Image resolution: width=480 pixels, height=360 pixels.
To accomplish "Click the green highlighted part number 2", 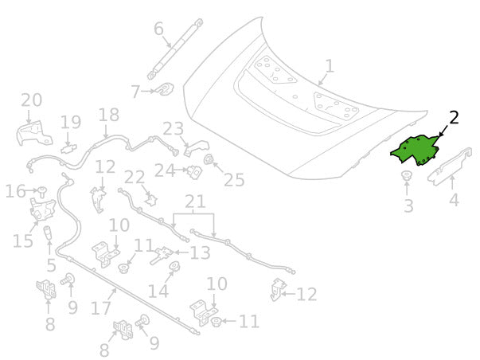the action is [415, 150].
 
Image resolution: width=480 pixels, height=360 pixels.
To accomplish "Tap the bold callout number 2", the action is [454, 118].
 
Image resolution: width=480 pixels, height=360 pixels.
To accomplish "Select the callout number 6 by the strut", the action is [158, 29].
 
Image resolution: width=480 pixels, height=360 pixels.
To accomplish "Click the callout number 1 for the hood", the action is [329, 66].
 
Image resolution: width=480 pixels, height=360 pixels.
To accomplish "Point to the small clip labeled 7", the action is [166, 88].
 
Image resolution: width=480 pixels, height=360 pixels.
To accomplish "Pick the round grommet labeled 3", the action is [407, 175].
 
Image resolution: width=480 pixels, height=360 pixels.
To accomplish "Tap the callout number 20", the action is [32, 100].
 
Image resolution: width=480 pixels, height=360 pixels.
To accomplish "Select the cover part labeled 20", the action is [34, 133].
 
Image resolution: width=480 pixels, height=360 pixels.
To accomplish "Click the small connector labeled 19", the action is [68, 149].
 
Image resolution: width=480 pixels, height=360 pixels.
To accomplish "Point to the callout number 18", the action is [109, 115].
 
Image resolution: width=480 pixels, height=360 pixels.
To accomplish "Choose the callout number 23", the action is [174, 129].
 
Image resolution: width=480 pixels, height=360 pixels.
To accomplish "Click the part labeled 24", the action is [195, 171].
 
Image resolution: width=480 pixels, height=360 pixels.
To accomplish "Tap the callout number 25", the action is [234, 180].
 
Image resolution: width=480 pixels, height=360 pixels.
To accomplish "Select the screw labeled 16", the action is [42, 191].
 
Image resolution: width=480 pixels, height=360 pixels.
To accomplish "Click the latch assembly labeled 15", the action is [42, 209].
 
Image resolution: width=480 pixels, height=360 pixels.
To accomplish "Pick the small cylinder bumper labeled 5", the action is [48, 234].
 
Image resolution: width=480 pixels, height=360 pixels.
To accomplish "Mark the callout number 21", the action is [195, 202].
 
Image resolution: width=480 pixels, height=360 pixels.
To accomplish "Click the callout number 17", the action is [101, 308].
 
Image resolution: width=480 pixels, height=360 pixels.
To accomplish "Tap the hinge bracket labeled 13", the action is [162, 255].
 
